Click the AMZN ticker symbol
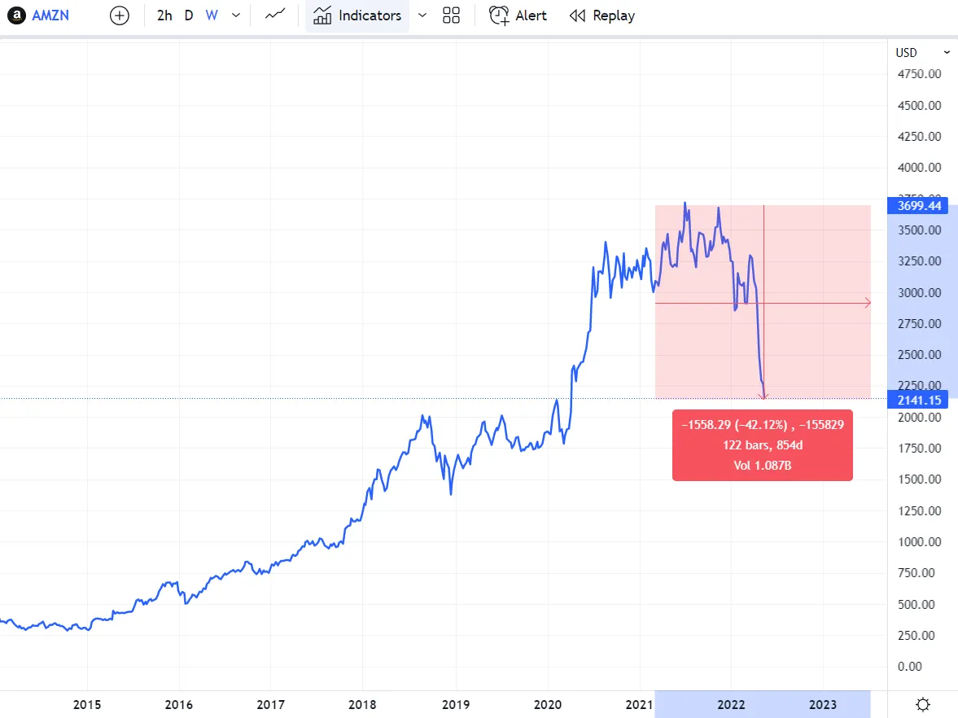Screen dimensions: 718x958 pos(50,15)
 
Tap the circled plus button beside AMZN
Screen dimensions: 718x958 pos(120,15)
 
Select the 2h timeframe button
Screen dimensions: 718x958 pos(164,15)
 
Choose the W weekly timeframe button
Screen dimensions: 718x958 pos(212,15)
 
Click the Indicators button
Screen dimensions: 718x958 pos(357,15)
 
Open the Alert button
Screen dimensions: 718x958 pos(518,15)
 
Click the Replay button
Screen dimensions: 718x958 pos(602,15)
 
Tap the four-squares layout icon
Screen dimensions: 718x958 pos(451,15)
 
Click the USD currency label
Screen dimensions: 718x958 pos(906,53)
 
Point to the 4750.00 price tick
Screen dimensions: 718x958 pos(919,74)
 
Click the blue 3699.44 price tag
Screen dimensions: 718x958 pos(919,206)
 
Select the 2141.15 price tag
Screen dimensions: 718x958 pos(919,400)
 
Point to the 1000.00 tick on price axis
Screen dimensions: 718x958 pos(919,542)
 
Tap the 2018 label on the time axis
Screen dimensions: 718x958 pos(363,704)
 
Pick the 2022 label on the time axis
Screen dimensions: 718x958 pos(731,704)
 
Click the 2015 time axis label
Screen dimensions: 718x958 pos(87,704)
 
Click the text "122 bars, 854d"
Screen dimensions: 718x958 pos(762,445)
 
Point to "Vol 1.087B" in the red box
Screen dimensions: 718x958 pos(762,466)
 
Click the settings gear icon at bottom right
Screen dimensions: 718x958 pos(923,704)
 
